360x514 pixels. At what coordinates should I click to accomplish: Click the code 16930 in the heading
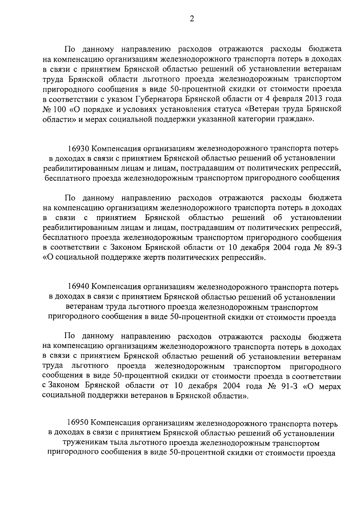pos(78,148)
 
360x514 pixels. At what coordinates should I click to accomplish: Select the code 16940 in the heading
pos(78,287)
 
